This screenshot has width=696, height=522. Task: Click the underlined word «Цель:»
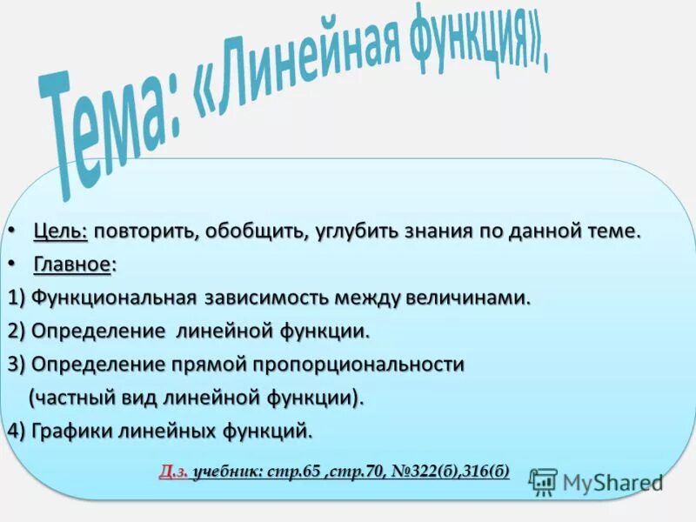[x=61, y=232]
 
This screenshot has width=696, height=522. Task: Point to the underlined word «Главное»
[x=72, y=264]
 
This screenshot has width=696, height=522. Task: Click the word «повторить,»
[x=143, y=232]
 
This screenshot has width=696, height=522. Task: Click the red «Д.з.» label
[x=173, y=472]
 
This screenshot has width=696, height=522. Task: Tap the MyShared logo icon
[x=544, y=481]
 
